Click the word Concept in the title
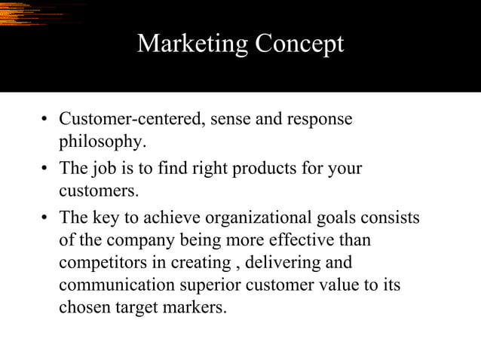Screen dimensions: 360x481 [x=299, y=44]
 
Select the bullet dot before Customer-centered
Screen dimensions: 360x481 [x=45, y=121]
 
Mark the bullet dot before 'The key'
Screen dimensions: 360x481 [x=45, y=218]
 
